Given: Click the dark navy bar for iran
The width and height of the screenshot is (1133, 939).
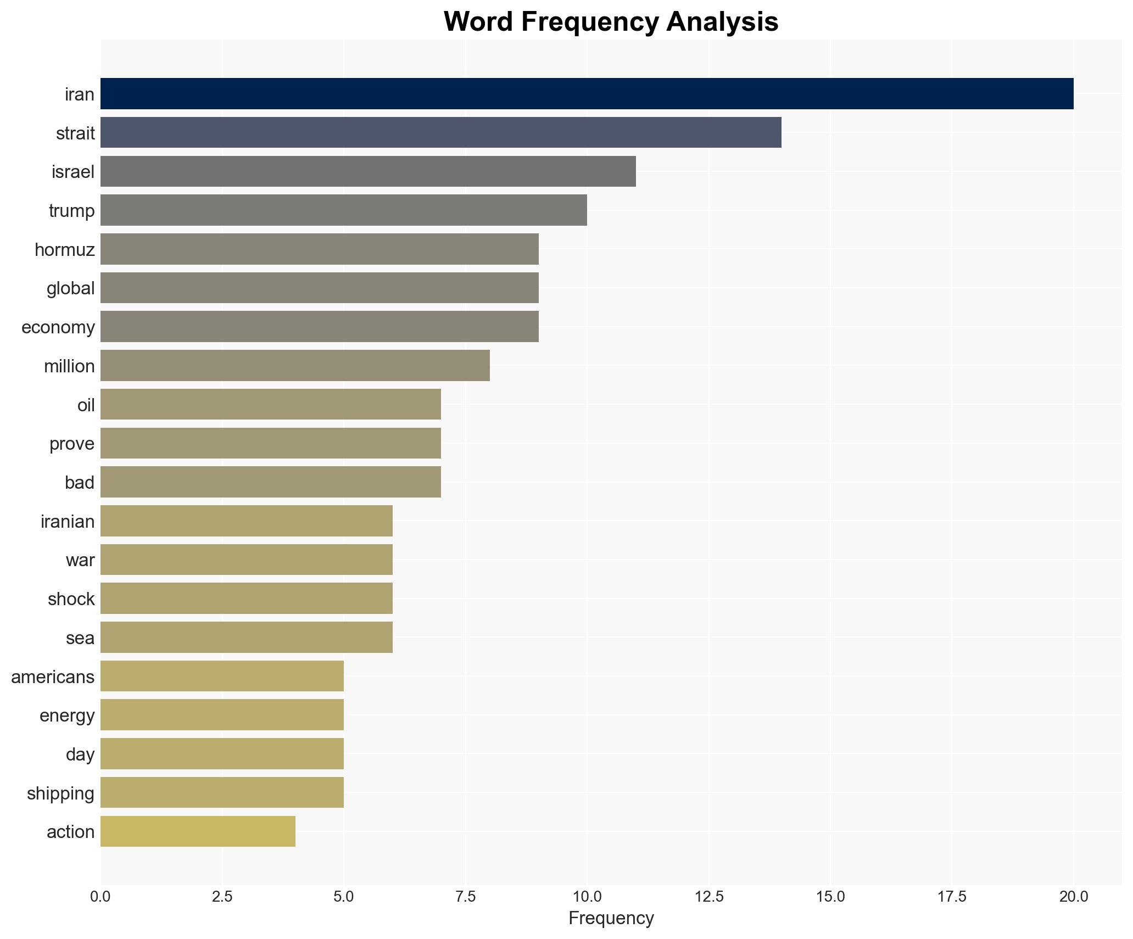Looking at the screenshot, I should click(587, 94).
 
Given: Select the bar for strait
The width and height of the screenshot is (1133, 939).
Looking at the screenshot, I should click(440, 132).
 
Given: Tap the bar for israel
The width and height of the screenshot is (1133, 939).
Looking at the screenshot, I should click(368, 171).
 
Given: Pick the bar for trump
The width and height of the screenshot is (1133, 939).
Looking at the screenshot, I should click(343, 210).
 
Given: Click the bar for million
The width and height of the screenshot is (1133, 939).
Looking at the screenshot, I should click(295, 366).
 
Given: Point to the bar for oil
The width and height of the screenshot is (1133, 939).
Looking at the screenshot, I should click(270, 405).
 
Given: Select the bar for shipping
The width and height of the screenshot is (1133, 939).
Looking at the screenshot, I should click(222, 792).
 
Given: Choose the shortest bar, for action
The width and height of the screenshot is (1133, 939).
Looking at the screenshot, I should click(198, 831).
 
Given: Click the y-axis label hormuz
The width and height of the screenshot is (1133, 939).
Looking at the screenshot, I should click(65, 250).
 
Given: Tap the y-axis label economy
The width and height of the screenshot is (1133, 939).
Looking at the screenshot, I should click(58, 327).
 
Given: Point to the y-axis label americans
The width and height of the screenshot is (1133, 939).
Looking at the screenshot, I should click(53, 677).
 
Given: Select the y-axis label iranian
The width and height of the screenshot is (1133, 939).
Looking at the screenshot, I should click(68, 521).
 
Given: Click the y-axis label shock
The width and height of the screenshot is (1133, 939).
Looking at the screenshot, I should click(71, 599).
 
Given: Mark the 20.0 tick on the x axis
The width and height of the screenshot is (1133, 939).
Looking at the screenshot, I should click(1073, 897).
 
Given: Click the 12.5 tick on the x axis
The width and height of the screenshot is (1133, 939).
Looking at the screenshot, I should click(708, 897).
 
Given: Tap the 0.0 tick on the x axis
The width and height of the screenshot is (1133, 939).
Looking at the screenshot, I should click(101, 897).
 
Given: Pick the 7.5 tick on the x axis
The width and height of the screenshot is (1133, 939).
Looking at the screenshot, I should click(465, 897).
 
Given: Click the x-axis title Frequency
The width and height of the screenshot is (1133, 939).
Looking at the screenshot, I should click(611, 918).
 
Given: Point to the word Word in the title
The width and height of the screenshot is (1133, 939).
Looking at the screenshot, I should click(478, 23).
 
